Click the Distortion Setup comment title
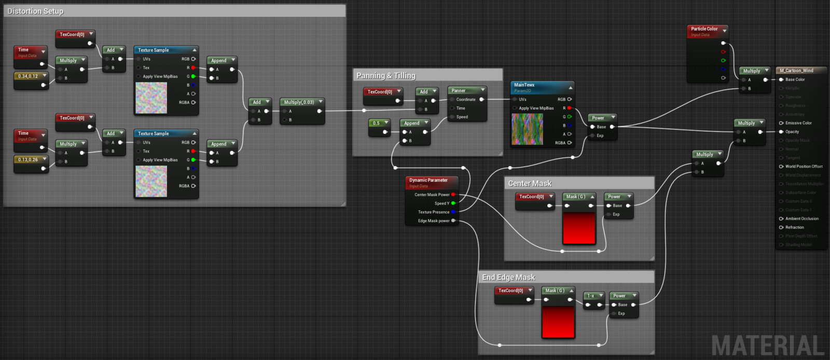tap(35, 11)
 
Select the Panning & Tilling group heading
tap(386, 76)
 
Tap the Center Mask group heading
tap(530, 184)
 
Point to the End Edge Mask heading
tap(508, 278)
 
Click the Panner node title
tap(459, 90)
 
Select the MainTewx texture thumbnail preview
tap(527, 129)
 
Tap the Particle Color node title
tap(704, 29)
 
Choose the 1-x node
tap(591, 296)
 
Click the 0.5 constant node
tap(376, 123)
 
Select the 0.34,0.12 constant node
tap(28, 76)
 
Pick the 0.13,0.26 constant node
tap(28, 160)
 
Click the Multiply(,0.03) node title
tap(299, 102)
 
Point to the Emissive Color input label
tap(798, 123)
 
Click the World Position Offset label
tap(804, 167)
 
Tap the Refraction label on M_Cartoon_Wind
tap(794, 227)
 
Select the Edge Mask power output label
tap(434, 221)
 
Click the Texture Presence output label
tap(434, 212)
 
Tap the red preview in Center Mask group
tap(579, 227)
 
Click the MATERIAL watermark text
tap(768, 345)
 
